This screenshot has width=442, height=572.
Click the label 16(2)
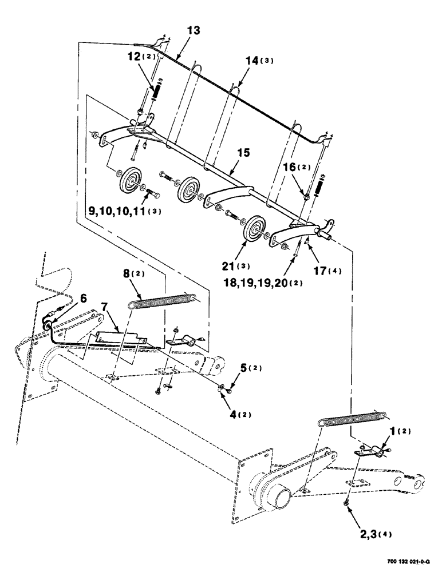tap(297, 168)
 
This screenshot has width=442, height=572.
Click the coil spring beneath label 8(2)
tap(162, 301)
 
